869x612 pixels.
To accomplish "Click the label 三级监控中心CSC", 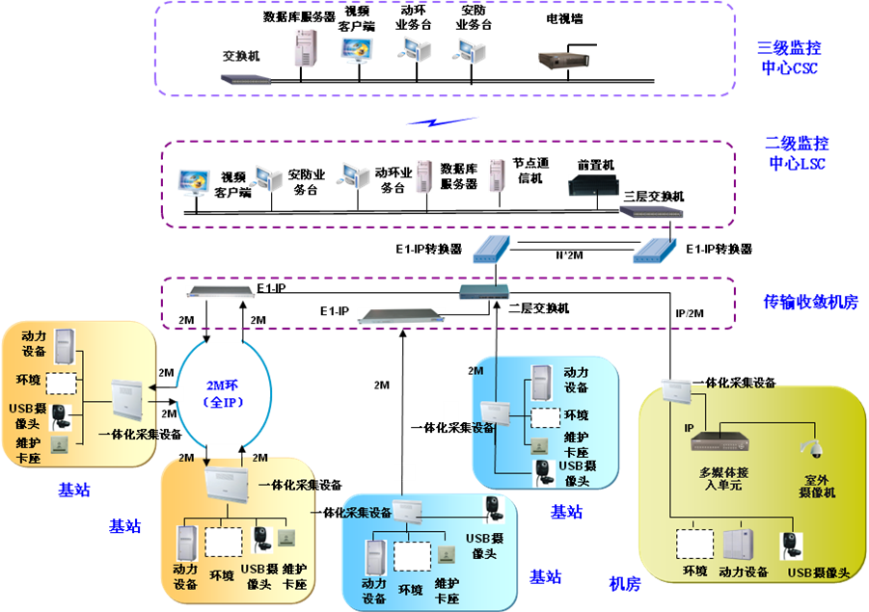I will coord(790,58).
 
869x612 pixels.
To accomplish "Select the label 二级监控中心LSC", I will coord(797,153).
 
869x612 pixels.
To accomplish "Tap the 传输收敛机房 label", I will coord(810,303).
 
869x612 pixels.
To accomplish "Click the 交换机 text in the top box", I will coord(241,56).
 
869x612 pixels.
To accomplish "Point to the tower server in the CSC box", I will coord(305,48).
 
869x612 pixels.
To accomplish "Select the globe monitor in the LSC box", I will coord(194,180).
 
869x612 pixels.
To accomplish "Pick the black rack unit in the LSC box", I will coord(592,184).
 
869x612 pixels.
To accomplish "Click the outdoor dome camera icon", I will coord(810,447).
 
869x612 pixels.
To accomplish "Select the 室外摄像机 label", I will coord(817,485).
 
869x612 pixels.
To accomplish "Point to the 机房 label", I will coord(624,583).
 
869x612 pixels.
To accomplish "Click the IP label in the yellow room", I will coord(690,427).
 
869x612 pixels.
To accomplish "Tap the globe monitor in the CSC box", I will coord(356,49).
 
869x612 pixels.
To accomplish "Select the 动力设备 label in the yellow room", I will coord(744,572).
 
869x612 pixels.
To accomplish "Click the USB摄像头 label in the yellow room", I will coord(819,573).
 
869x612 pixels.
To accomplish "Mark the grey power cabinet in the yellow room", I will coord(741,544).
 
